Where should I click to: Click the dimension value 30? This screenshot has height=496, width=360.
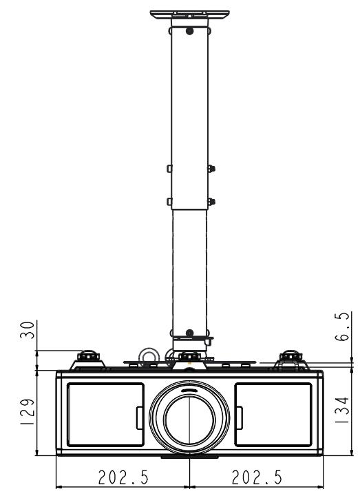tap(27, 330)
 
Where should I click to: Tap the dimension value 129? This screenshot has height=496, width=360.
tap(27, 411)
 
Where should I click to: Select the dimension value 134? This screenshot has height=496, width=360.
tap(341, 410)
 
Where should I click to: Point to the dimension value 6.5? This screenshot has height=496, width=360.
tap(342, 326)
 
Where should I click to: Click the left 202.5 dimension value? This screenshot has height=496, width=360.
tap(123, 477)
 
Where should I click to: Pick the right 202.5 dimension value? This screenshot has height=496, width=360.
tap(257, 477)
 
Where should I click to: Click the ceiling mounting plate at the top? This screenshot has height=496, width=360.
tap(190, 14)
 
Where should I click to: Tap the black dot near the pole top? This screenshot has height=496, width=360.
tap(190, 31)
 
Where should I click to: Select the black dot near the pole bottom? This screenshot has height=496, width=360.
tap(190, 333)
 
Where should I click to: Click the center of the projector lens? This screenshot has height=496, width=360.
tap(189, 417)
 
